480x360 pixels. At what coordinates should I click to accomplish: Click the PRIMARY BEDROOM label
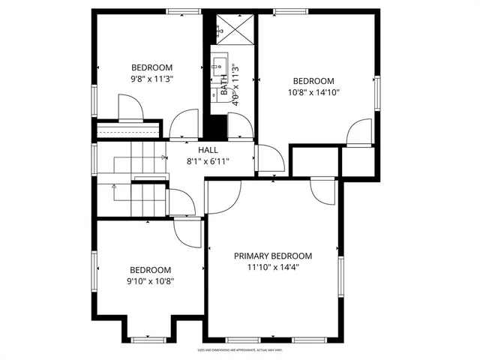(272, 256)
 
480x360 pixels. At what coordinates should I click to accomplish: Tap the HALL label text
(208, 151)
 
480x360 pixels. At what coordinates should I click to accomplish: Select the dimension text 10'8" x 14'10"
(313, 93)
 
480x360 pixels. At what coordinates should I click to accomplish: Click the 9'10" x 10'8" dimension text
(150, 282)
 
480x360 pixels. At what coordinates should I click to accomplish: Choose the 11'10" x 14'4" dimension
(272, 267)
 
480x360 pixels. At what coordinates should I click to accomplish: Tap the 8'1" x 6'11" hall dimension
(208, 161)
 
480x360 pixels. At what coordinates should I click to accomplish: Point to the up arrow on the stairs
(115, 185)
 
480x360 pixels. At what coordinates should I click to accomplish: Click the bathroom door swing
(239, 128)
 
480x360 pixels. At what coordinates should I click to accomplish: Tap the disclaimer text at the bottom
(239, 349)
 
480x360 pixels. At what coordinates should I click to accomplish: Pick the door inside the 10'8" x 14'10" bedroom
(358, 132)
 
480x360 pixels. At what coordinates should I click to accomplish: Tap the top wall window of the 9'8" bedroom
(177, 11)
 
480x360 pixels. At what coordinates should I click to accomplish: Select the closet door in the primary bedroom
(325, 190)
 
